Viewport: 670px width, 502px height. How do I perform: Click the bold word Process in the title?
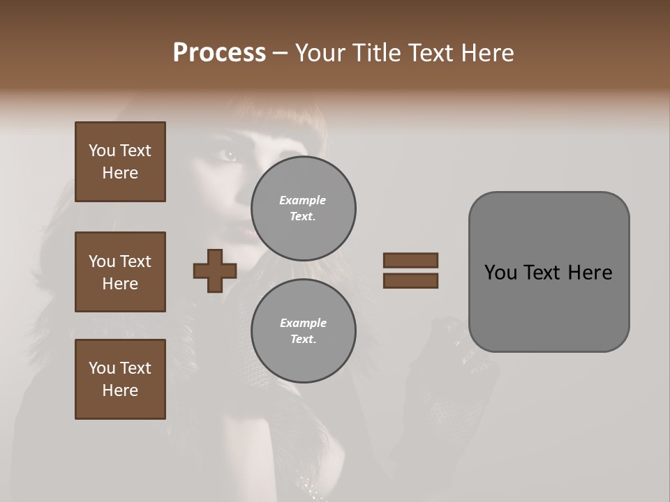point(219,53)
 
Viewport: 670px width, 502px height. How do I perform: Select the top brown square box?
point(120,162)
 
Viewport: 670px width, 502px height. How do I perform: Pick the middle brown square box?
point(120,272)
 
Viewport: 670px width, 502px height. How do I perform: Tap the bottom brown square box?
point(120,379)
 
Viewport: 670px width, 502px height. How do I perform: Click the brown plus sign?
point(215,271)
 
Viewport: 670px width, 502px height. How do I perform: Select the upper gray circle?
point(304,208)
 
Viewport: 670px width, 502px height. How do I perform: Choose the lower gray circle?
point(304,330)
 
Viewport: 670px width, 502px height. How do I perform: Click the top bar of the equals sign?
point(410,261)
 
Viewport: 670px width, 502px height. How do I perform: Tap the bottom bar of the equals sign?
point(410,280)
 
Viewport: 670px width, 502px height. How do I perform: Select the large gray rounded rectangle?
point(549,307)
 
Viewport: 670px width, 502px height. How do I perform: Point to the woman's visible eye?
point(229,155)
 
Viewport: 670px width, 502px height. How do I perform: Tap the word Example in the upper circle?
point(302,200)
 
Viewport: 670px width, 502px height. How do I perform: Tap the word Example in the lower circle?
point(303,323)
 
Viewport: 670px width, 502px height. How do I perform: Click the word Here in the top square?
point(120,173)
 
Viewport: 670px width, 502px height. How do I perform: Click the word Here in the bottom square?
point(120,390)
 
